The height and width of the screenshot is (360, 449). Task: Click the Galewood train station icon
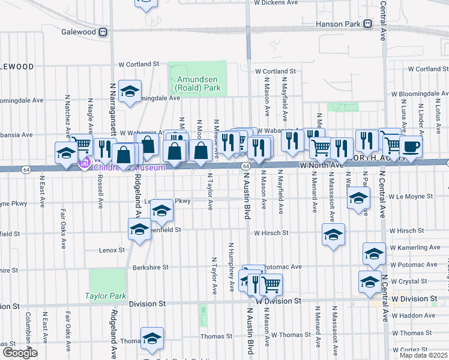click(x=103, y=31)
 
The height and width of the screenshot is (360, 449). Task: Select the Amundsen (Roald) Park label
click(x=198, y=83)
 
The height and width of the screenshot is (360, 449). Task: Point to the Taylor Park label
click(x=105, y=296)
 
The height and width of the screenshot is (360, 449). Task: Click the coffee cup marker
click(x=411, y=146)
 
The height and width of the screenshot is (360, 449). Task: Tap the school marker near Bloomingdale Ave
click(x=130, y=92)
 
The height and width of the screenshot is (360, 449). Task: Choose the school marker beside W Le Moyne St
click(x=358, y=199)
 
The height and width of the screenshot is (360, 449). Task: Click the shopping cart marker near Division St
click(x=271, y=284)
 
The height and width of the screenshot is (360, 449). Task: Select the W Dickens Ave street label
click(x=276, y=3)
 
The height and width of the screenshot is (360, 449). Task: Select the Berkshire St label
click(x=148, y=268)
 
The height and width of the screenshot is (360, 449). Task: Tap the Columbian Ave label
click(x=28, y=331)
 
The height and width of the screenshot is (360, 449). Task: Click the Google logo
click(x=20, y=353)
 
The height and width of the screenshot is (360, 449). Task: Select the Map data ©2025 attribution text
click(x=424, y=355)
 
